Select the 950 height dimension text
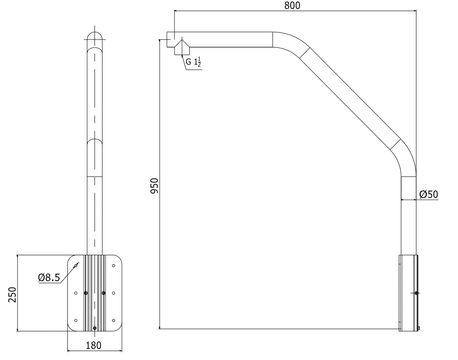155,186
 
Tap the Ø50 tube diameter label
428,194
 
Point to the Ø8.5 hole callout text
49,278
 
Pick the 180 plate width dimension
94,345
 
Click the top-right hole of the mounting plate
114,266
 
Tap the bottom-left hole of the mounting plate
76,320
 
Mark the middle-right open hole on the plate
114,293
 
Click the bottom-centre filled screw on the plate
94,328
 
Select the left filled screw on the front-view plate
86,293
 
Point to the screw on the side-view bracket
417,293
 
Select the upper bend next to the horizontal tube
289,42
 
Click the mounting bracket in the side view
408,293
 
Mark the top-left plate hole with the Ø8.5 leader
76,266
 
